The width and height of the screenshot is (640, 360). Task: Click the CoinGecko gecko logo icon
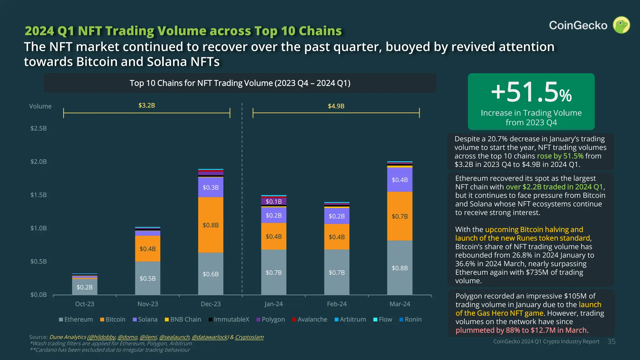pyautogui.click(x=621, y=25)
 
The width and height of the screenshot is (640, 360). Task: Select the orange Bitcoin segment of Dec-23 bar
pyautogui.click(x=211, y=225)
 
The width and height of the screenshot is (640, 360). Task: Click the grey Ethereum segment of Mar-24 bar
pyautogui.click(x=400, y=268)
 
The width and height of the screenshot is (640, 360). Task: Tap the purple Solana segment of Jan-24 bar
pyautogui.click(x=273, y=215)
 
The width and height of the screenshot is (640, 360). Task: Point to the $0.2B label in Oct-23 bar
pyautogui.click(x=85, y=287)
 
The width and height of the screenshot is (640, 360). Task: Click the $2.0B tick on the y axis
pyautogui.click(x=38, y=162)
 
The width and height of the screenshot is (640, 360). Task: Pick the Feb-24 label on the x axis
pyautogui.click(x=337, y=304)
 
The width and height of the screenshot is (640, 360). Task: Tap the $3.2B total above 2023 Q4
pyautogui.click(x=147, y=105)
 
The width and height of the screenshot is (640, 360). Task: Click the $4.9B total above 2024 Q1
pyautogui.click(x=336, y=106)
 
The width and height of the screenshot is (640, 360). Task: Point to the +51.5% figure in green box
pyautogui.click(x=531, y=92)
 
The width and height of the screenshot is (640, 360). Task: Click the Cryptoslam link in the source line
pyautogui.click(x=249, y=337)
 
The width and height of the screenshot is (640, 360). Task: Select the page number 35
pyautogui.click(x=611, y=342)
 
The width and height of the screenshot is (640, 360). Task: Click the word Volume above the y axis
pyautogui.click(x=40, y=106)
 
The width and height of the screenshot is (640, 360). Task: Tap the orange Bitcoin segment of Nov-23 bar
pyautogui.click(x=147, y=248)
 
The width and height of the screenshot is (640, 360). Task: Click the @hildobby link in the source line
pyautogui.click(x=102, y=337)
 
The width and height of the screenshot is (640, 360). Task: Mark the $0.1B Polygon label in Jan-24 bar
pyautogui.click(x=273, y=202)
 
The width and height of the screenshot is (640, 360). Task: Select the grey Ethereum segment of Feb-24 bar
pyautogui.click(x=337, y=272)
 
